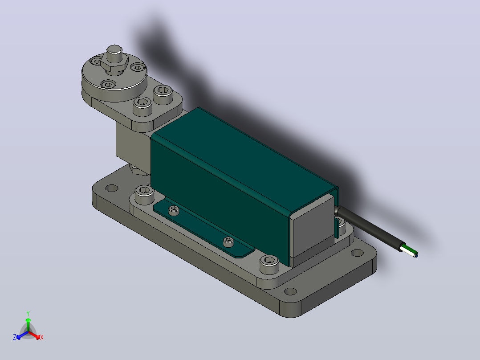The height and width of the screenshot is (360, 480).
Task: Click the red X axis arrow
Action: (x=34, y=335)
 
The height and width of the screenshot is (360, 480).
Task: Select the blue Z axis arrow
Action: (x=22, y=335)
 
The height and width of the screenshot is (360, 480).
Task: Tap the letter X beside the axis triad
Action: (x=42, y=337)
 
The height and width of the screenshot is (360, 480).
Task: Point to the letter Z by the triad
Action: (x=14, y=337)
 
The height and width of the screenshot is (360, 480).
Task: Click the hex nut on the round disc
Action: (x=114, y=64)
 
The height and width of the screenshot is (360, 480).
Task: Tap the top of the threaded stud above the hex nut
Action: (x=114, y=49)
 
